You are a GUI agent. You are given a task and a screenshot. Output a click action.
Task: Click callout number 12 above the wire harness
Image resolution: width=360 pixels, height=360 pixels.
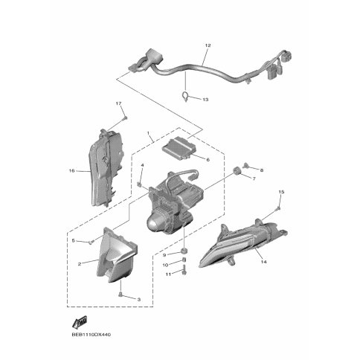click(x=208, y=45)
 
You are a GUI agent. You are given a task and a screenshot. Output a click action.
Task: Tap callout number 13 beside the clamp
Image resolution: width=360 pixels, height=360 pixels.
click(x=205, y=100)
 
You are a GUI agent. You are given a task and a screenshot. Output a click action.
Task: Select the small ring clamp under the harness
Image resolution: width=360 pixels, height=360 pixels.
click(x=185, y=96)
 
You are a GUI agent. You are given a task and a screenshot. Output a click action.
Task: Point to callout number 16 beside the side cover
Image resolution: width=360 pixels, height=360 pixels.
click(x=71, y=170)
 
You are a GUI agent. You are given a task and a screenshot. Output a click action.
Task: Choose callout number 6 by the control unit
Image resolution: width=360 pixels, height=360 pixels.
click(x=208, y=160)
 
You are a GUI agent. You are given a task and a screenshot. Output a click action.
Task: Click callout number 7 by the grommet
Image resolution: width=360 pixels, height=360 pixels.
click(x=254, y=179)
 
